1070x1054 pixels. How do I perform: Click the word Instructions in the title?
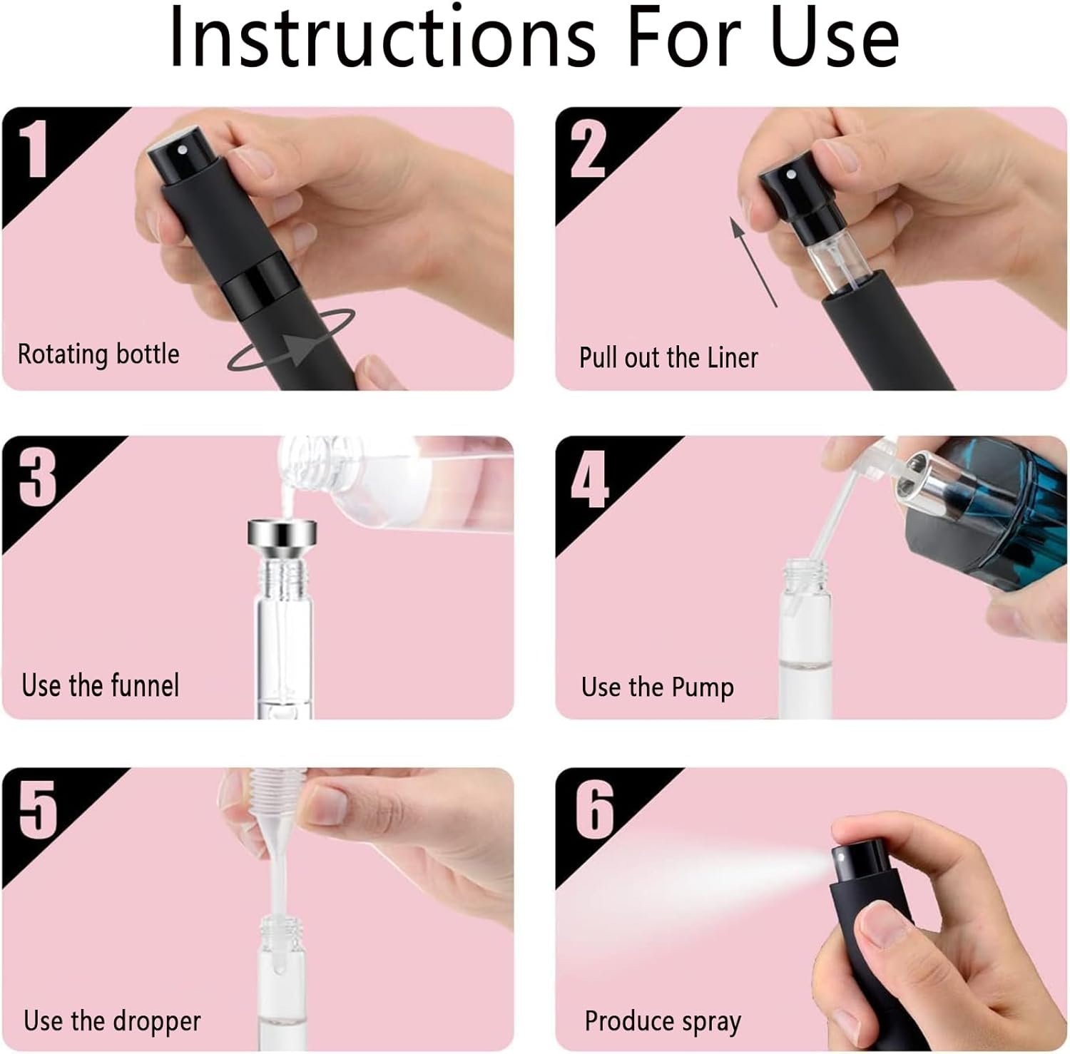pyautogui.click(x=382, y=36)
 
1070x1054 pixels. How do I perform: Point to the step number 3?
pyautogui.click(x=37, y=477)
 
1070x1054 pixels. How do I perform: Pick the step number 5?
pyautogui.click(x=38, y=809)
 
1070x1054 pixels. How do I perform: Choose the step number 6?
pyautogui.click(x=594, y=809)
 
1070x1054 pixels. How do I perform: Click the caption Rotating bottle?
pyautogui.click(x=98, y=354)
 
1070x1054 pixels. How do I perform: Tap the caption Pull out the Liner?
pyautogui.click(x=668, y=357)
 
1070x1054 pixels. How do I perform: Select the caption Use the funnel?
pyautogui.click(x=100, y=685)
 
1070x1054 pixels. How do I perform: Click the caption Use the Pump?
pyautogui.click(x=657, y=687)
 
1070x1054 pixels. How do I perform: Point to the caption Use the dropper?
pyautogui.click(x=112, y=1020)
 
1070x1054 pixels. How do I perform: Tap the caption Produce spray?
pyautogui.click(x=663, y=1022)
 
